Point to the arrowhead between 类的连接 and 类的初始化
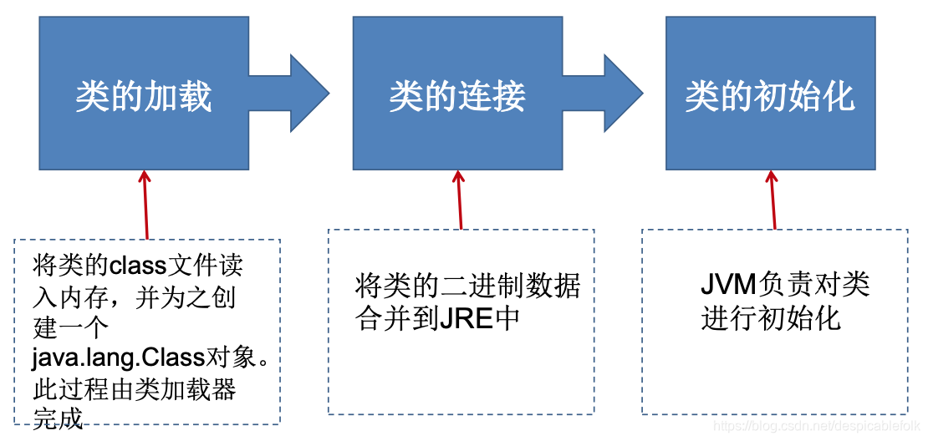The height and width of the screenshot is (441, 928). click(622, 93)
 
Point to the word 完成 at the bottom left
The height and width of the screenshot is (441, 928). click(59, 417)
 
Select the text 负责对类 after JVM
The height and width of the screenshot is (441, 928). click(813, 284)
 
